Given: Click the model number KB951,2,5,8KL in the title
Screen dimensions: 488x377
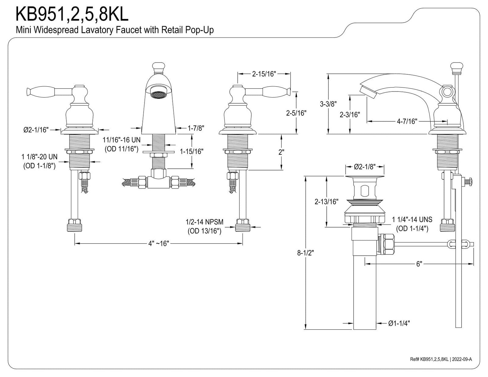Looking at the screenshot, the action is (72, 14).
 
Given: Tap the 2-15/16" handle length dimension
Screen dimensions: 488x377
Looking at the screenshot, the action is (264, 74).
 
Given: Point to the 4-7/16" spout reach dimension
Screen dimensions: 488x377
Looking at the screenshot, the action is (407, 121).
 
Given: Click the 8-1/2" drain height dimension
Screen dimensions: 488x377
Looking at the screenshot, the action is (305, 253).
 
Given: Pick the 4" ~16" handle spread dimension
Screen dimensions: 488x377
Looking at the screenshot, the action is (159, 243).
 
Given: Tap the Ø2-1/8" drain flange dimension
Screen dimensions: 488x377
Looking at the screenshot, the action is (365, 167).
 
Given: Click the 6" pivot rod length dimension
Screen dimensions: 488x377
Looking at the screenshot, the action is (419, 264).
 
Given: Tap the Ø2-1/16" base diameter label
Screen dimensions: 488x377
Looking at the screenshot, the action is (36, 130).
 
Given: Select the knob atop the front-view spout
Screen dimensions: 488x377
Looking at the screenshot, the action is (159, 68).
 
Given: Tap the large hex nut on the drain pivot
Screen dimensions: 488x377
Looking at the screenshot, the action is (386, 244).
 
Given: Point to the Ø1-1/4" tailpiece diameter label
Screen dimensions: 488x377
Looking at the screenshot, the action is (399, 323).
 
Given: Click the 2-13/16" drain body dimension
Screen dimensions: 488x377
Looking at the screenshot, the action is (326, 202).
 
